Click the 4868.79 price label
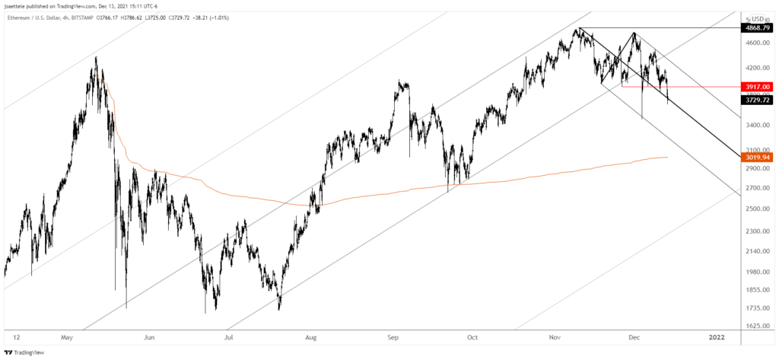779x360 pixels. pyautogui.click(x=758, y=27)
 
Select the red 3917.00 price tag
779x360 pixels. pyautogui.click(x=758, y=87)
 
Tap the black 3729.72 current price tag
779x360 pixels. pyautogui.click(x=758, y=100)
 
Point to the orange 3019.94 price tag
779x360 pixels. pyautogui.click(x=758, y=158)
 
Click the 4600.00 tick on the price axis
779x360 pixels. pyautogui.click(x=757, y=44)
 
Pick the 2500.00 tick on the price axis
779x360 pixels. pyautogui.click(x=757, y=209)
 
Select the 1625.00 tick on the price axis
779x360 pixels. pyautogui.click(x=757, y=326)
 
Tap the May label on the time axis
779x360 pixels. pyautogui.click(x=68, y=336)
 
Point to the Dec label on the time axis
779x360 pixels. pyautogui.click(x=634, y=336)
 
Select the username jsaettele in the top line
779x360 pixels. pyautogui.click(x=17, y=5)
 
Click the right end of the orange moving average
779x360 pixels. pyautogui.click(x=667, y=158)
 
